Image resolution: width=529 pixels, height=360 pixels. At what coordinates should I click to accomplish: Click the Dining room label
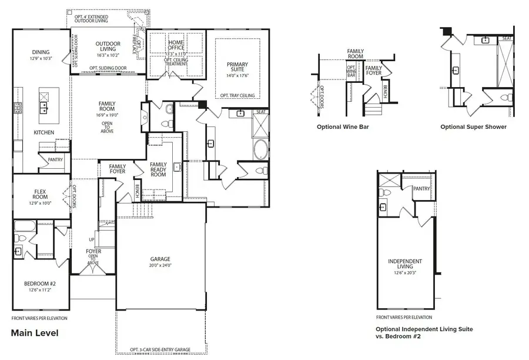click(x=41, y=52)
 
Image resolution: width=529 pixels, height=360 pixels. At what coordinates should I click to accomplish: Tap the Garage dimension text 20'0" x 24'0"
click(x=160, y=266)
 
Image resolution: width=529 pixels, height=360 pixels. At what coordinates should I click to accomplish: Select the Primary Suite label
click(x=237, y=68)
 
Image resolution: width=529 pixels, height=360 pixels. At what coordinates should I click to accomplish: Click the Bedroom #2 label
click(x=41, y=284)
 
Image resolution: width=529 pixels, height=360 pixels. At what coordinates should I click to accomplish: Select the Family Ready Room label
click(x=159, y=169)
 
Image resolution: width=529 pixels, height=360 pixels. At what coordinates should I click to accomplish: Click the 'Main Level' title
click(x=35, y=333)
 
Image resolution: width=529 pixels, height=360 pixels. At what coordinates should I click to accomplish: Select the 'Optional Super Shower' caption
click(x=473, y=126)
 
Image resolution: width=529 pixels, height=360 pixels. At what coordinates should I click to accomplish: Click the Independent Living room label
click(x=406, y=264)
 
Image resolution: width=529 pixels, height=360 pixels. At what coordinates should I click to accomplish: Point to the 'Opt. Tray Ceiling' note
click(x=237, y=95)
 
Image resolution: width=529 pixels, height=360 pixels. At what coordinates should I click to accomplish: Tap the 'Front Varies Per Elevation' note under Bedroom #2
click(x=39, y=318)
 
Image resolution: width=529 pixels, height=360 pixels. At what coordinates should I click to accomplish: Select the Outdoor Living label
click(x=108, y=46)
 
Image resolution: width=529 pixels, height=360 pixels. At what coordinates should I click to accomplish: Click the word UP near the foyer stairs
click(x=91, y=240)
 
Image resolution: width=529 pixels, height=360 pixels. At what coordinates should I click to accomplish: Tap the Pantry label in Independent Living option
click(x=421, y=189)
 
